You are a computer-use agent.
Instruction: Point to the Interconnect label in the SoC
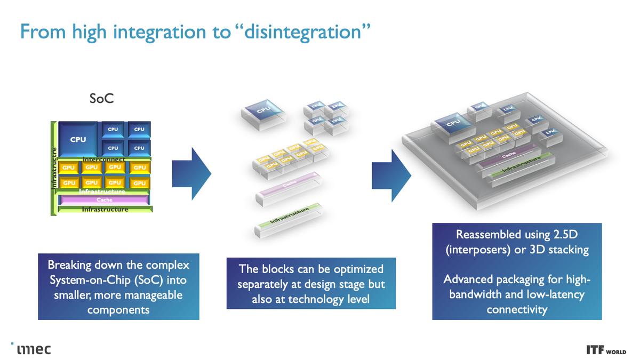(x=104, y=159)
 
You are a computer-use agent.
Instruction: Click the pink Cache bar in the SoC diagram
(x=104, y=200)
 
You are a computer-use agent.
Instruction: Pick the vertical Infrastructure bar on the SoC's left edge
(x=53, y=168)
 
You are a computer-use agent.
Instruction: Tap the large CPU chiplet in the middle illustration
(x=263, y=111)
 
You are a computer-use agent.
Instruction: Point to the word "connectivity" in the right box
(x=517, y=309)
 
